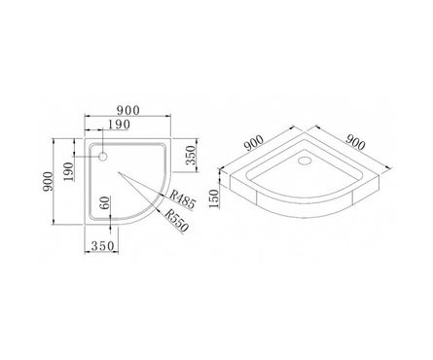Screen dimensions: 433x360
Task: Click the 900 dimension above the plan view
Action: pyautogui.click(x=128, y=111)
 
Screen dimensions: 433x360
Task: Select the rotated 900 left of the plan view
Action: pyautogui.click(x=48, y=181)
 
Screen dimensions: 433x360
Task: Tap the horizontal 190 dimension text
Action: pyautogui.click(x=119, y=125)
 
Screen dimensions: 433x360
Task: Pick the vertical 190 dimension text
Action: pyautogui.click(x=69, y=172)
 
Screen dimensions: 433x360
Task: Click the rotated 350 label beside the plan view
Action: pyautogui.click(x=192, y=155)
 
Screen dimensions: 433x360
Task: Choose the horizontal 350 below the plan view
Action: pyautogui.click(x=102, y=246)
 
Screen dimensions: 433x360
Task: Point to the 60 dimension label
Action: pyautogui.click(x=105, y=203)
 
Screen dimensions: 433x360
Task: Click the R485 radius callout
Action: pyautogui.click(x=183, y=199)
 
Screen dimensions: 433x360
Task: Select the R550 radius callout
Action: pyautogui.click(x=176, y=221)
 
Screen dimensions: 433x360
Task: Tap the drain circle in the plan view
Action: pyautogui.click(x=103, y=157)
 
